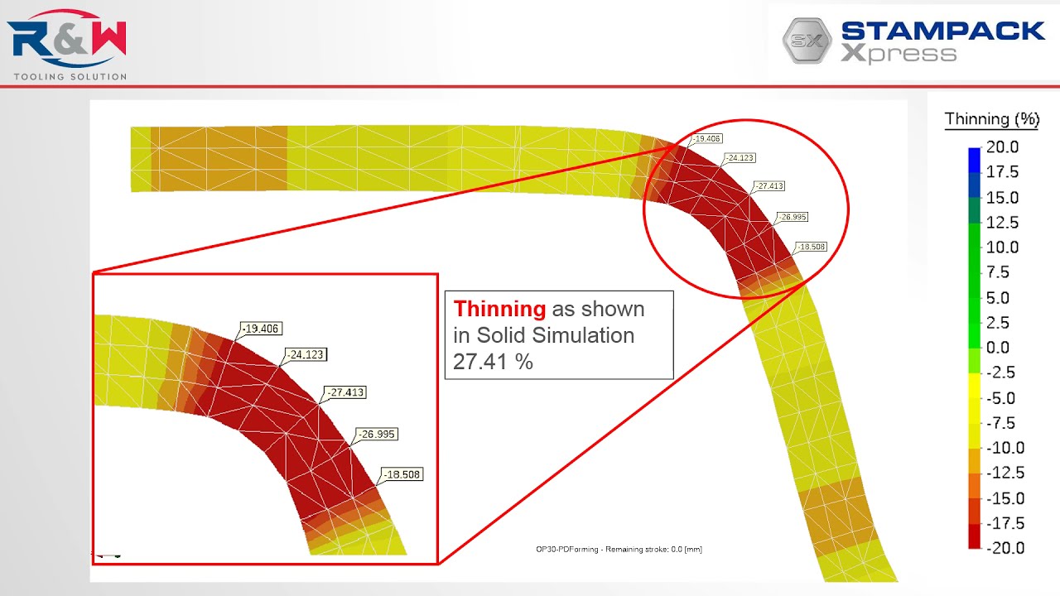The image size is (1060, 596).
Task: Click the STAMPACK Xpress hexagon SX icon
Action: [807, 41]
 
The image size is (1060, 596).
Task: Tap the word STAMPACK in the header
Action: [942, 31]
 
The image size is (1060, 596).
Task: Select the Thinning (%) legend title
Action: [991, 119]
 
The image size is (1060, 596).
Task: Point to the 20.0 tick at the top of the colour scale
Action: [1002, 147]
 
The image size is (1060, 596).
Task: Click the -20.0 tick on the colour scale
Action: [1005, 548]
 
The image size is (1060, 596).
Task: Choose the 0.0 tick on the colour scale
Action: [998, 348]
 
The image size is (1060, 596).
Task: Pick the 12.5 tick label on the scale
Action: [1002, 223]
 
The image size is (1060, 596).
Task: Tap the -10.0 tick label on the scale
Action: [1005, 448]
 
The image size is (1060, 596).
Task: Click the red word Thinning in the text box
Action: [499, 310]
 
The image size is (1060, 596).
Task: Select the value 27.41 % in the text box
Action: [493, 362]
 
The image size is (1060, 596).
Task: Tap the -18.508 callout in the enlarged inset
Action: [402, 475]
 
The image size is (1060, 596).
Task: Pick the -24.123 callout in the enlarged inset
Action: [306, 355]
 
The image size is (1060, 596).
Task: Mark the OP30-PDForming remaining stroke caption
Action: [619, 550]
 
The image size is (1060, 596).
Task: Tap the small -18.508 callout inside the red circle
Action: [812, 247]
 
